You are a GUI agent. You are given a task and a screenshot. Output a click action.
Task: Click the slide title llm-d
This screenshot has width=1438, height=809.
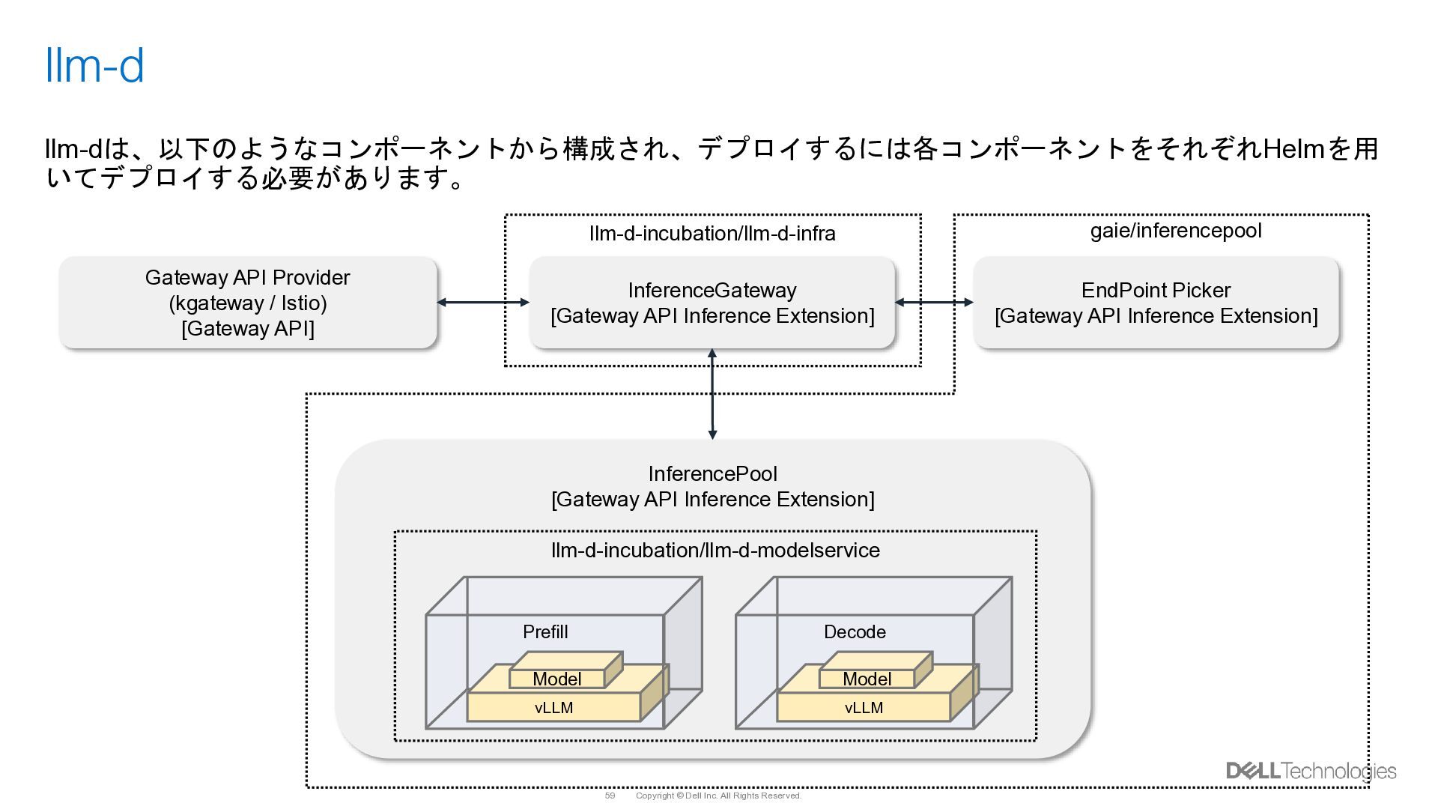tap(94, 66)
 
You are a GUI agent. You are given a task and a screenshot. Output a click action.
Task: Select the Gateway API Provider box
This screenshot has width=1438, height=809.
tap(248, 303)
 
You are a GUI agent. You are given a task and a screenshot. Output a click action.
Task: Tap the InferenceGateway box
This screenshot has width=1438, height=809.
tap(712, 303)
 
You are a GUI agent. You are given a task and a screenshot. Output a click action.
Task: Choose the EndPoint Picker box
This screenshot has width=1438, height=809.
tap(1156, 303)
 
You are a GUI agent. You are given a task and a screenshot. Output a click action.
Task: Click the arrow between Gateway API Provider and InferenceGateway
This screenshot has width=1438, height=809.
tap(482, 303)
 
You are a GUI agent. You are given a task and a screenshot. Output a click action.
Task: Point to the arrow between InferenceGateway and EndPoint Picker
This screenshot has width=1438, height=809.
tap(934, 303)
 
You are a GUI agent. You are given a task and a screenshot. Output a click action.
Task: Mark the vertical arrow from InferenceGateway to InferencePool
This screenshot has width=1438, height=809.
tap(712, 394)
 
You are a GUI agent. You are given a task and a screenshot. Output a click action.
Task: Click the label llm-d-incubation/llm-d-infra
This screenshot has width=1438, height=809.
tap(712, 234)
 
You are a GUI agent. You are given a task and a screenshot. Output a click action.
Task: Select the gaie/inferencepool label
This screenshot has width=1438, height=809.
tap(1176, 231)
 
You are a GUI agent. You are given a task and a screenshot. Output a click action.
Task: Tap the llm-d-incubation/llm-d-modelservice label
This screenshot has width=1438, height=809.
tap(715, 551)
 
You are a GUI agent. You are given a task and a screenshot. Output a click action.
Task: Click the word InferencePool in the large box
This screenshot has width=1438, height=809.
tap(712, 474)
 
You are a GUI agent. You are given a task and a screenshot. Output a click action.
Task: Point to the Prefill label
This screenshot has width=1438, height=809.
tap(545, 632)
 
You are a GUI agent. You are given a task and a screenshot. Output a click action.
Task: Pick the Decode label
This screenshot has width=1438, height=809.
tap(855, 632)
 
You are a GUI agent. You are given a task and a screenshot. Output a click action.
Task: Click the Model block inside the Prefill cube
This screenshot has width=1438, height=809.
tap(557, 679)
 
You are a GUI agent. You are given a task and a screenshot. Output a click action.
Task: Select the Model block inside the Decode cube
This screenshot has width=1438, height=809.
tap(867, 679)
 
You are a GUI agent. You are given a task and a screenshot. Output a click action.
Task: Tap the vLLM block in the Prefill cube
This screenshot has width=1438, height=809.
tap(553, 708)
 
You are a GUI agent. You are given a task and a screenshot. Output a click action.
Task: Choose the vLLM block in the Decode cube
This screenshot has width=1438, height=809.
tap(864, 708)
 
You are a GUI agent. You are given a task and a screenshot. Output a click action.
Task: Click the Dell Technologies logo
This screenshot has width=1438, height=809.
tap(1311, 771)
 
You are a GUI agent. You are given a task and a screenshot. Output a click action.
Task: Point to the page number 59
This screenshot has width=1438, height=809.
tap(610, 796)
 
